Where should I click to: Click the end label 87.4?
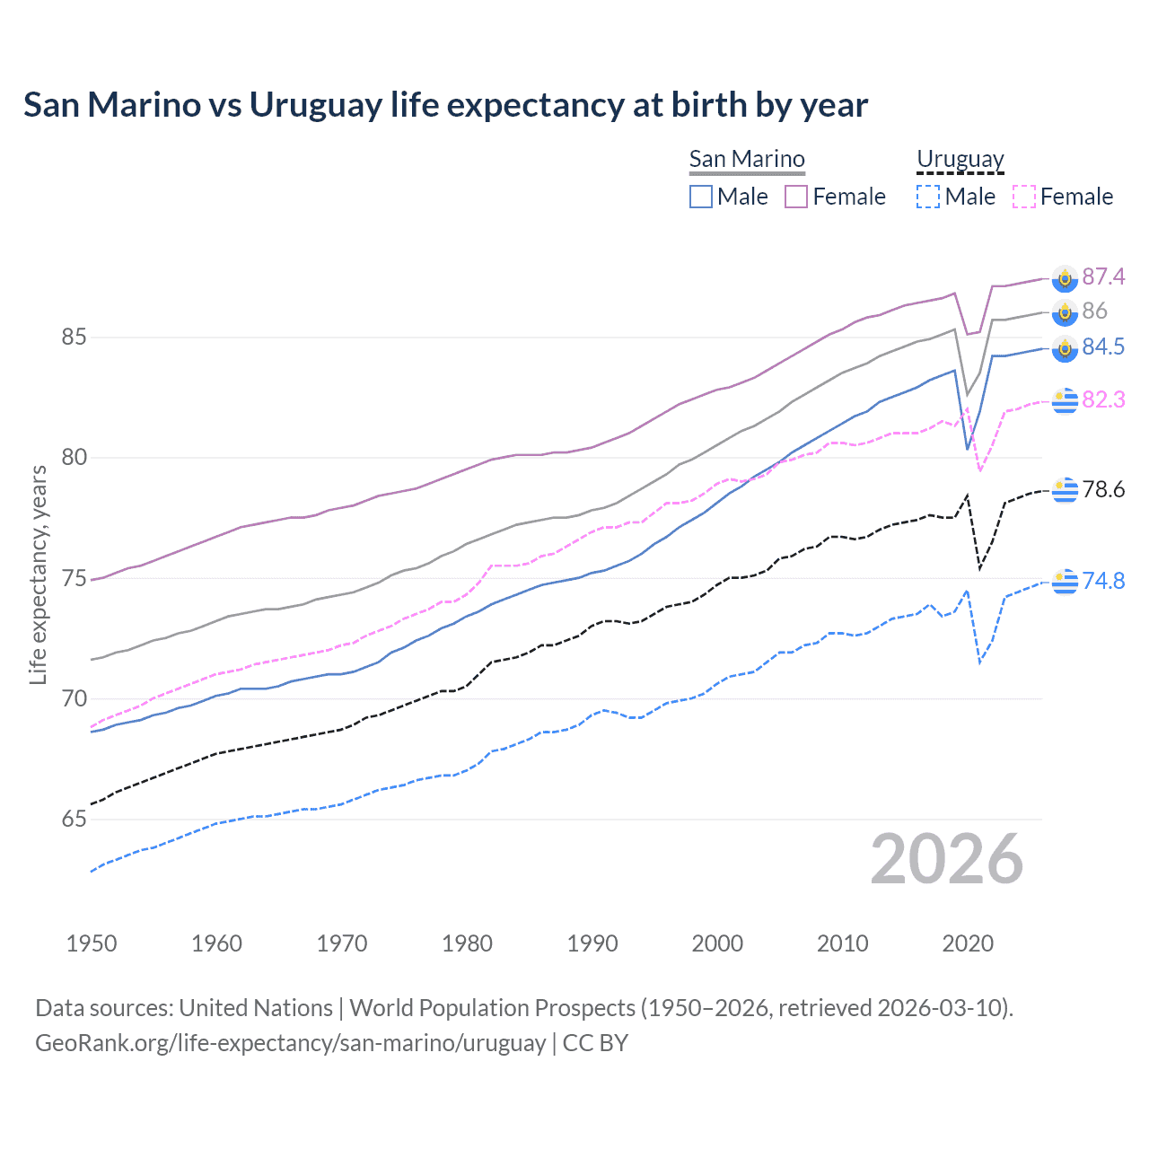[1103, 276]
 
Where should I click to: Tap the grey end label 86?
[1094, 311]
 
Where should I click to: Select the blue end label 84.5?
[1103, 347]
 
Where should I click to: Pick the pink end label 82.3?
[1103, 399]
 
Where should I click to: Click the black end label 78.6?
[1103, 489]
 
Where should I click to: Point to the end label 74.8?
[1103, 581]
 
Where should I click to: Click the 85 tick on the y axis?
[74, 338]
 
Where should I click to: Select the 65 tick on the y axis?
[74, 820]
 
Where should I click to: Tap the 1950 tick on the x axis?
[92, 943]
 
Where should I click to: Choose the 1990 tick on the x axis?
[592, 943]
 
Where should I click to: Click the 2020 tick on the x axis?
[968, 943]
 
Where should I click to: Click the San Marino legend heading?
[747, 159]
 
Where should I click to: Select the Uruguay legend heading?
[960, 159]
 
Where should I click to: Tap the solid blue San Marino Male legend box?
[701, 197]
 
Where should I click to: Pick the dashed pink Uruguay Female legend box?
[1024, 197]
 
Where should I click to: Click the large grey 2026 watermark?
[946, 859]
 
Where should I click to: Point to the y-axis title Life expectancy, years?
[38, 574]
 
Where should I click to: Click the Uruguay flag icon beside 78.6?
[1065, 489]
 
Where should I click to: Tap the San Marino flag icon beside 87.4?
[1065, 278]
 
